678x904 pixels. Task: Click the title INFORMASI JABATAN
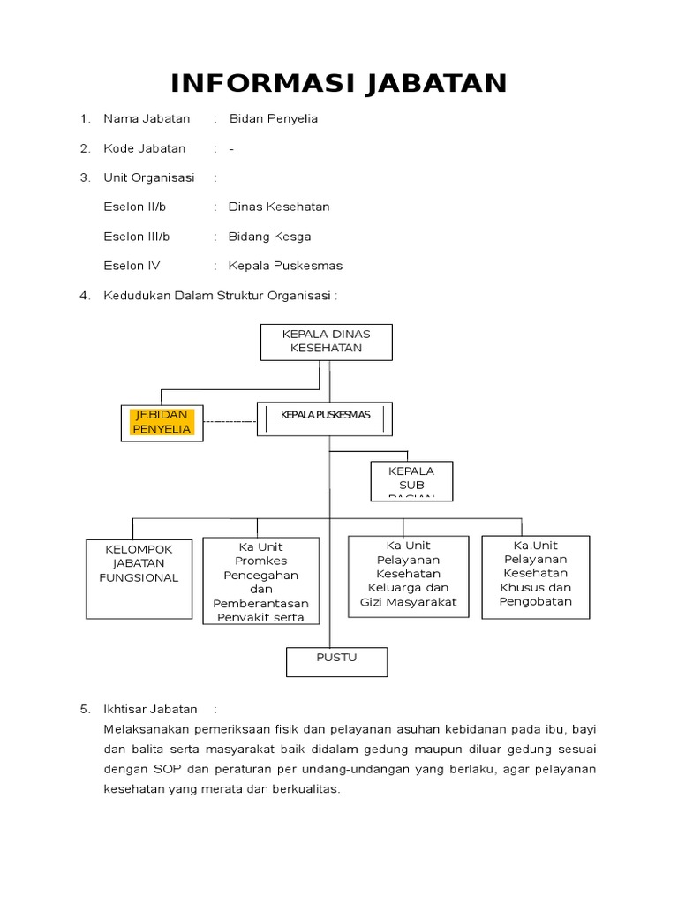click(339, 84)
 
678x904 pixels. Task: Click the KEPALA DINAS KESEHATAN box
click(326, 342)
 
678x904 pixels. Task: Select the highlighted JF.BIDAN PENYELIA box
click(162, 422)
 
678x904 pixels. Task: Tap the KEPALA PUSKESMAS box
click(325, 418)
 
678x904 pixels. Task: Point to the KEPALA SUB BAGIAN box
click(411, 481)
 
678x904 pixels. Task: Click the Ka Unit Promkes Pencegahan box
click(260, 580)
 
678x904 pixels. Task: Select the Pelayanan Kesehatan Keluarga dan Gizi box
click(409, 576)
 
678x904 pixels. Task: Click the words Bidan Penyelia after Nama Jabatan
click(274, 118)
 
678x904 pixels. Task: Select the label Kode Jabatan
click(145, 148)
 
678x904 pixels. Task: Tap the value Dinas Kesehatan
click(279, 207)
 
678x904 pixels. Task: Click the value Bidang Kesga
click(269, 237)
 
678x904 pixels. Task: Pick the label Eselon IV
click(132, 266)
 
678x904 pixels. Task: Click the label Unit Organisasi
click(149, 177)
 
